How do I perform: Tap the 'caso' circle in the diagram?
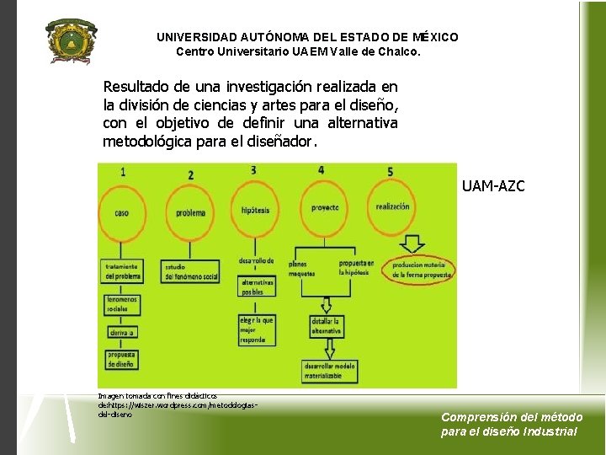point(123,212)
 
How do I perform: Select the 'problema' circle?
point(190,213)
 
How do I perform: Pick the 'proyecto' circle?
point(323,207)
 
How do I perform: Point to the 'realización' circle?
point(393,206)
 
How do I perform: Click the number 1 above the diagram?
point(124,172)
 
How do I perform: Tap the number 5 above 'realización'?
point(390,172)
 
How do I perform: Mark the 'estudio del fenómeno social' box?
point(191,271)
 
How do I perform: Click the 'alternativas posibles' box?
point(258,287)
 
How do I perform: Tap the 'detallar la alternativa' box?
point(326,327)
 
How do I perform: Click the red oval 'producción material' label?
point(418,270)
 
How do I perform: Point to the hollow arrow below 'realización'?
point(412,244)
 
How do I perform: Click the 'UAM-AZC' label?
point(492,186)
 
